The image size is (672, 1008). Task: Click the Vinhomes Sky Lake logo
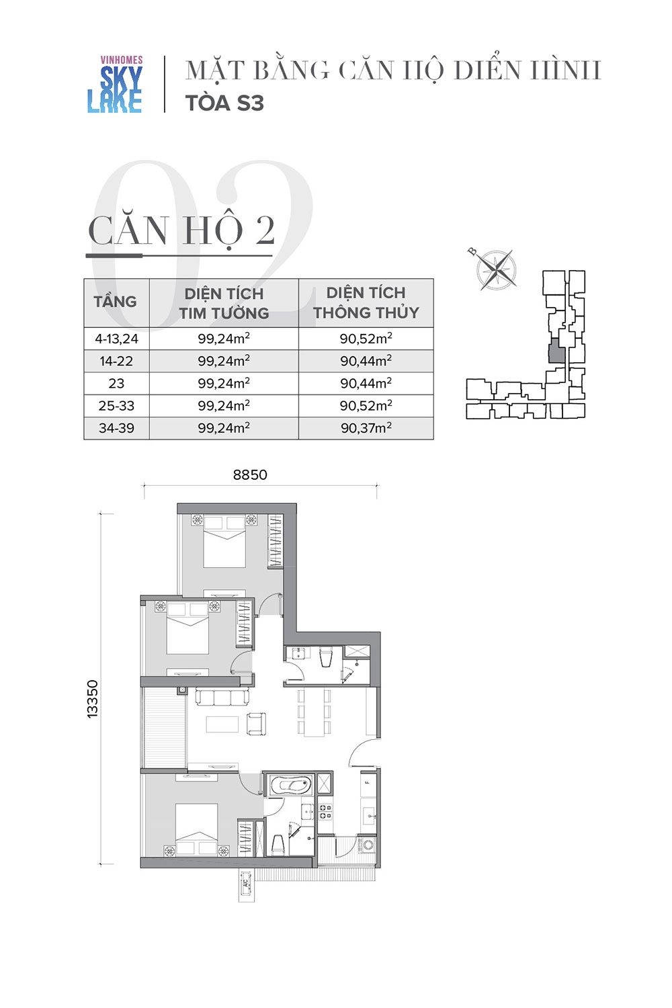coord(115,84)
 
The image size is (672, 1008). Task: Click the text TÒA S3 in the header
coord(224,103)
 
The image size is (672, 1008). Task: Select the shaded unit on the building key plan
coord(556,351)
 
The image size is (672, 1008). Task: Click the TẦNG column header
coord(115,302)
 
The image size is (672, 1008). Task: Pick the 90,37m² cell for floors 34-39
coord(366,427)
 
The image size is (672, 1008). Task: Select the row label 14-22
coord(116,361)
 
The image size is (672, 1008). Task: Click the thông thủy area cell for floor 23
coord(366,383)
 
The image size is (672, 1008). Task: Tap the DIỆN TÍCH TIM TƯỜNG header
coord(224,303)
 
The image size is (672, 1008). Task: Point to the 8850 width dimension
coord(250,474)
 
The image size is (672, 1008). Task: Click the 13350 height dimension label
coord(92,699)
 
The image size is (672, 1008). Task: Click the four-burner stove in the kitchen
coord(325,811)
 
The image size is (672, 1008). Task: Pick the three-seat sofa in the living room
coord(222,698)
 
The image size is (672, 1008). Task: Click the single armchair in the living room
coord(256,724)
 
